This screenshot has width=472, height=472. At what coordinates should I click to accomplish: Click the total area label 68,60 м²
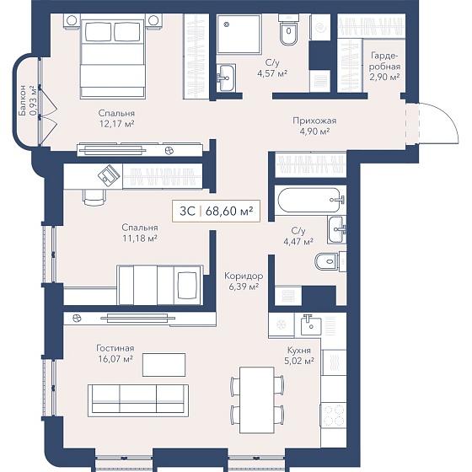coord(228,212)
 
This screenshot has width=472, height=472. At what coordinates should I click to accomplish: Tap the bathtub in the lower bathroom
coord(311,201)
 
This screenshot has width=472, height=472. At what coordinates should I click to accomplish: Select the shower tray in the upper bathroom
coord(239,34)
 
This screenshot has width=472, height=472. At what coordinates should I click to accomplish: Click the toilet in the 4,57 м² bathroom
coord(289,30)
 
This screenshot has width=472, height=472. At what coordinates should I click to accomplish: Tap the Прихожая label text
coord(314,121)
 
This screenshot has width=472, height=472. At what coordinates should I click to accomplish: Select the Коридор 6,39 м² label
coord(244,282)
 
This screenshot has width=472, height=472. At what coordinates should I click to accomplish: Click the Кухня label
coord(299,351)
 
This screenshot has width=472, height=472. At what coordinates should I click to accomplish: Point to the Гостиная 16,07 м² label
coord(115,353)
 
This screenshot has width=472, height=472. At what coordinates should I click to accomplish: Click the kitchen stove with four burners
coord(334,415)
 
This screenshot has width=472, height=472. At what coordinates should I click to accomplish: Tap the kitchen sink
coord(311,325)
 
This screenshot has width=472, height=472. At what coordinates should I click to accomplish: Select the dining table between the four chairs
coord(257,400)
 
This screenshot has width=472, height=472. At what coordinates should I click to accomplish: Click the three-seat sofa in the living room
coord(138,400)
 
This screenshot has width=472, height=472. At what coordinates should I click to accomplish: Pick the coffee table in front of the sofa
coord(164,365)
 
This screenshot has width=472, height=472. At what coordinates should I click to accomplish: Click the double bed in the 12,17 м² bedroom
coord(113,59)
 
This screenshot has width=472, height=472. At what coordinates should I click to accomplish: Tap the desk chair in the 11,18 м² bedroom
coord(94,197)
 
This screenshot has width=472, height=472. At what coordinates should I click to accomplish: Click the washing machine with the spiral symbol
coord(320,27)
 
